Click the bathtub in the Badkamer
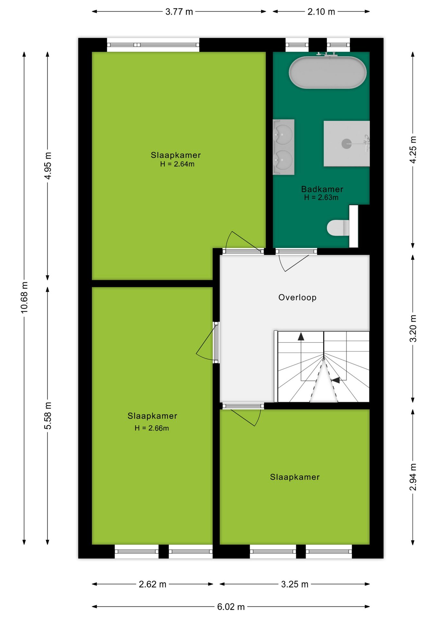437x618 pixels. (x=328, y=72)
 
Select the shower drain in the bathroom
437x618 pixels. (x=347, y=144)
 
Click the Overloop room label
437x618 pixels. (x=297, y=297)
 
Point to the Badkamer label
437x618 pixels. (x=322, y=189)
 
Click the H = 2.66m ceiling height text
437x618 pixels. (x=152, y=428)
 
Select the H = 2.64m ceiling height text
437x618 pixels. (x=177, y=164)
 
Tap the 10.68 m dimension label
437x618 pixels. (x=24, y=297)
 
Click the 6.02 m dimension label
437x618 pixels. (x=231, y=607)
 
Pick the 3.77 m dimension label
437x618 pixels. (x=179, y=12)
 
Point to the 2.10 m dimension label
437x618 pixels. (x=321, y=12)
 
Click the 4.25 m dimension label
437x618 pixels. (x=413, y=150)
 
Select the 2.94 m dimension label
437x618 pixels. (x=413, y=477)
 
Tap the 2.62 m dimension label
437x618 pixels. (x=153, y=584)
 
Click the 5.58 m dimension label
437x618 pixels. (x=48, y=416)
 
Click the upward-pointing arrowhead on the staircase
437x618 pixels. (x=301, y=336)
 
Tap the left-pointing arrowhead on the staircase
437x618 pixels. (x=336, y=380)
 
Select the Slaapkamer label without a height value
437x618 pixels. (x=295, y=477)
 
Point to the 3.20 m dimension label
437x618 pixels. (x=413, y=328)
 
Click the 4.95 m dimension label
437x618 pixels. (x=48, y=166)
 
